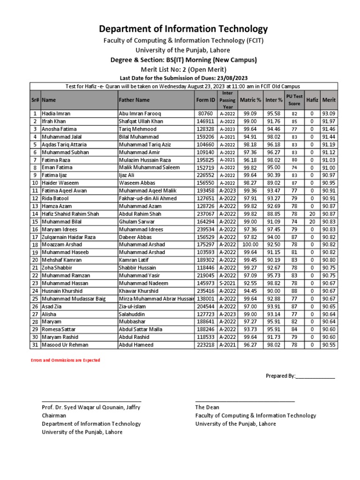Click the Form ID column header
206,100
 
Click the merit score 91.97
328,121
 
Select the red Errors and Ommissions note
65,360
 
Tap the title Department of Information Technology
180,29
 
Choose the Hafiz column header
312,100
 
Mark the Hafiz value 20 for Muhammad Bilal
312,222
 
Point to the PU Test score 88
294,291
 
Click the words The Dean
207,407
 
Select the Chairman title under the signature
54,415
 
